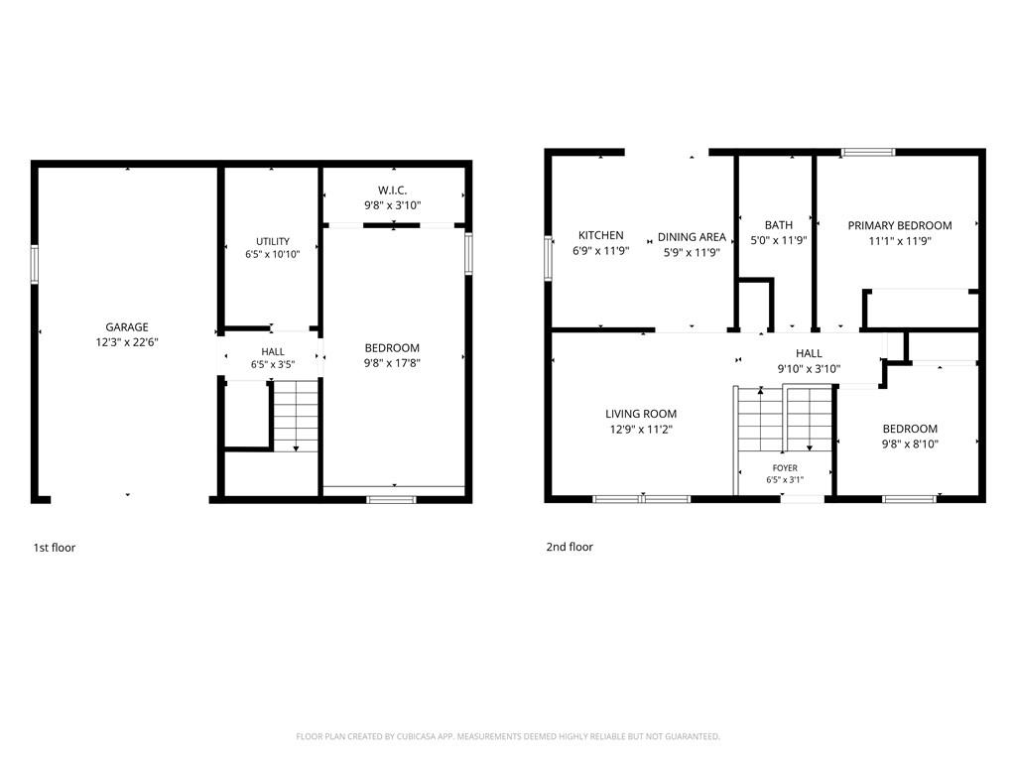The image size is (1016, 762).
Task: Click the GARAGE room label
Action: (127, 327)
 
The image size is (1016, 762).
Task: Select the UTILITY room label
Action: (273, 241)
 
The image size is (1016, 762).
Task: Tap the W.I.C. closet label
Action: (393, 190)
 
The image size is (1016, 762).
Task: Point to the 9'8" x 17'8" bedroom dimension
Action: (392, 363)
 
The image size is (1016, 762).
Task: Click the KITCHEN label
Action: (600, 235)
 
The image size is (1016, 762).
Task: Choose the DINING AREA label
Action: (692, 237)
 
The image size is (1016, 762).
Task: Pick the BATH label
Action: (778, 225)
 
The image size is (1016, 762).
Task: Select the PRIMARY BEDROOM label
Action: (900, 225)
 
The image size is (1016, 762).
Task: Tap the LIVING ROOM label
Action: (641, 414)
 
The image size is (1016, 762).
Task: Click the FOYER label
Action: (785, 468)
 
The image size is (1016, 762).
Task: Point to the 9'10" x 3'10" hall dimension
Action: (809, 369)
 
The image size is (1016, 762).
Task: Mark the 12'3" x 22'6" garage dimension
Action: (127, 342)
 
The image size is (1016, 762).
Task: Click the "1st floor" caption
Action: (55, 548)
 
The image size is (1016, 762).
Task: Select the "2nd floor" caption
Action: (570, 547)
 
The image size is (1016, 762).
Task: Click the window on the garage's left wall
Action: (35, 264)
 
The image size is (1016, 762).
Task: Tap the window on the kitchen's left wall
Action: (548, 258)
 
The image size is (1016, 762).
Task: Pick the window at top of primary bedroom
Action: (868, 152)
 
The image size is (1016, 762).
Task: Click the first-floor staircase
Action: (296, 416)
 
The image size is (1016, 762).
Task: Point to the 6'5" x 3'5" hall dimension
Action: (273, 365)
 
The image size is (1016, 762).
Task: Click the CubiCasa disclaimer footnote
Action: (508, 737)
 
